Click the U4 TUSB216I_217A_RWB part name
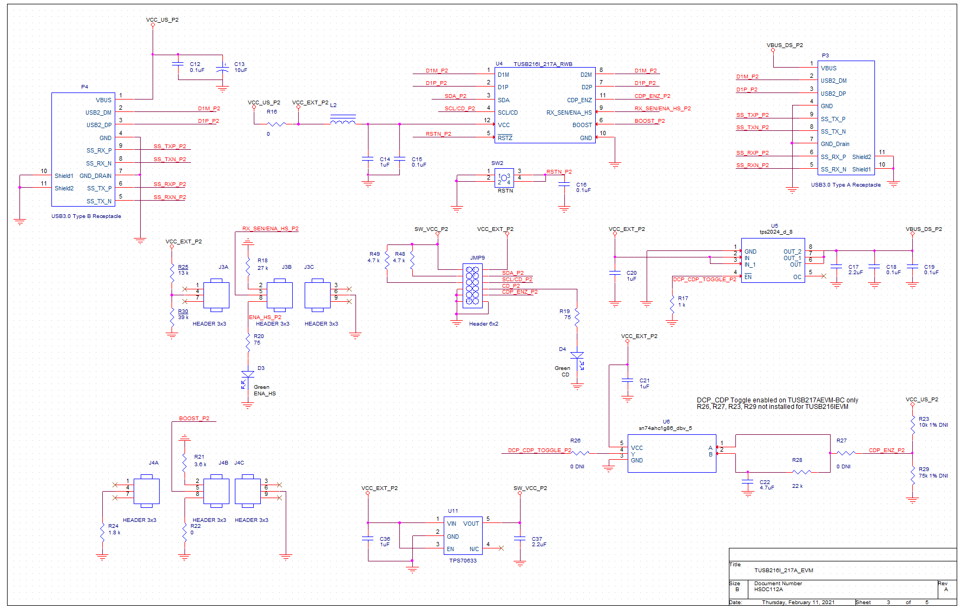[x=543, y=64]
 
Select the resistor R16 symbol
[x=276, y=124]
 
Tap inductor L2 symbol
[x=343, y=120]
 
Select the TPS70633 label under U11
[x=463, y=560]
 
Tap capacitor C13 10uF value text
[x=241, y=70]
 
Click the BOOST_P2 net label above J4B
[x=194, y=418]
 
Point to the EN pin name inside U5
[x=748, y=277]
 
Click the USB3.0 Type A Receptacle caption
[x=845, y=185]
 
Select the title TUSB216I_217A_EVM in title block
[x=784, y=570]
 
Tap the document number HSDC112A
[x=768, y=590]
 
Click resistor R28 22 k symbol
[x=801, y=472]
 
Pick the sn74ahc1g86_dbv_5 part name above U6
[x=665, y=428]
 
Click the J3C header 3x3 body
[x=317, y=295]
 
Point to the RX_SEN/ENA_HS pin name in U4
[x=569, y=112]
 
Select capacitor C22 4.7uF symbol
[x=748, y=481]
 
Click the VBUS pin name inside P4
[x=103, y=100]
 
